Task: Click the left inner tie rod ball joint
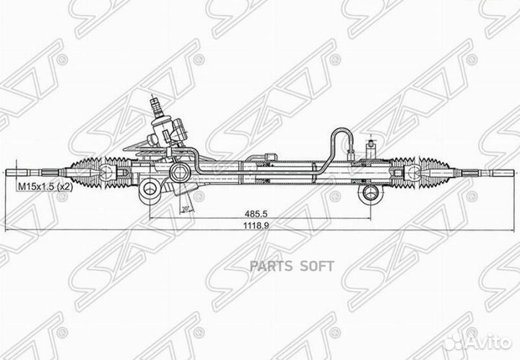click(x=109, y=172)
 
